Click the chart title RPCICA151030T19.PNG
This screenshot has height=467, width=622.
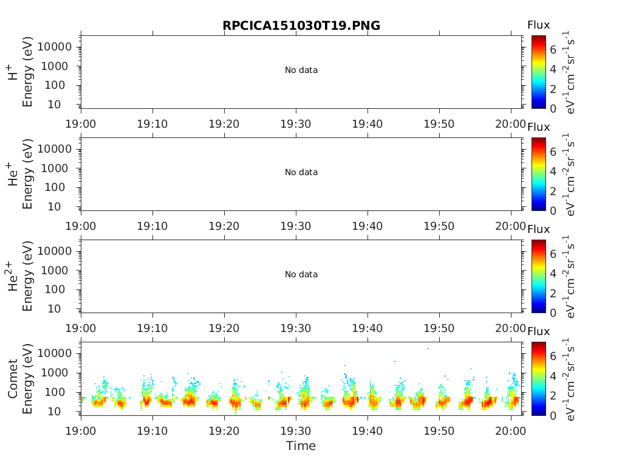(301, 26)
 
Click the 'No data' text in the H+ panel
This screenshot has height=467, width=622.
(301, 71)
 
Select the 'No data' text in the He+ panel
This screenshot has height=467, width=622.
(301, 173)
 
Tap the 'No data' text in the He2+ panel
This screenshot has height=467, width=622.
(301, 275)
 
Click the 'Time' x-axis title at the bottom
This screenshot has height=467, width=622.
(301, 446)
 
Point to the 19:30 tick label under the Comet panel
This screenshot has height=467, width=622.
(296, 431)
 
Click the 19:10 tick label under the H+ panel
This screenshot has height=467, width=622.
(152, 125)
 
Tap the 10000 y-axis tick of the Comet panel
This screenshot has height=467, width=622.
(55, 353)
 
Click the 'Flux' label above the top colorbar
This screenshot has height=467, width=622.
(538, 26)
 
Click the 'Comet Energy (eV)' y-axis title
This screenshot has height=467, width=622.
(20, 378)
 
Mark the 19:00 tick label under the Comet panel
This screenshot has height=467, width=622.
(81, 431)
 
